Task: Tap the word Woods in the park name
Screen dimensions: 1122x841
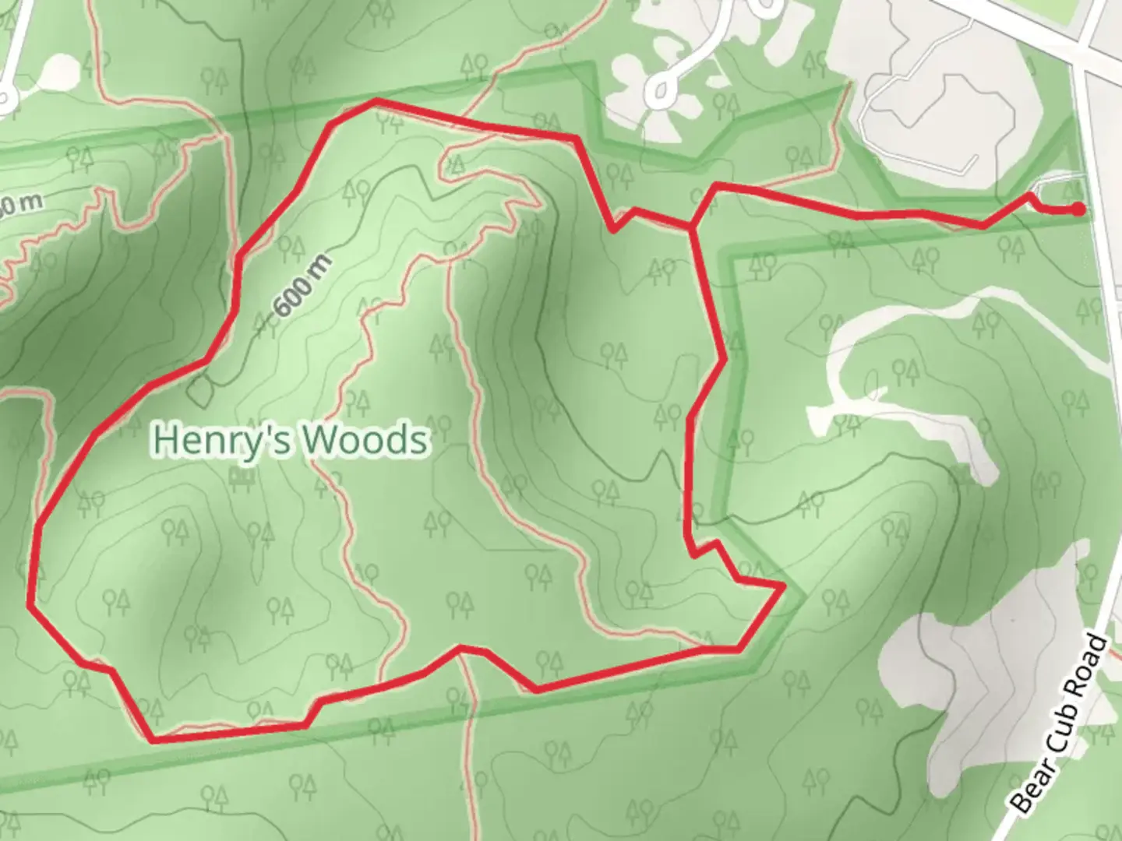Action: click(x=365, y=440)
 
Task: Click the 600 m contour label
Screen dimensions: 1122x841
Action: click(x=302, y=285)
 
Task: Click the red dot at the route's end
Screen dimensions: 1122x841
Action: click(x=1078, y=209)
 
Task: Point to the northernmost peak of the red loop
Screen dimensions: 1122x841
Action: click(x=376, y=100)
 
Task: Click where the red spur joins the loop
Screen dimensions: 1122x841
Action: click(x=691, y=227)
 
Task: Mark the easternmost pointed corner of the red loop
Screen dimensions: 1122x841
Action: click(x=782, y=585)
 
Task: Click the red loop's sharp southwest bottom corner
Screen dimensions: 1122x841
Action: click(x=153, y=739)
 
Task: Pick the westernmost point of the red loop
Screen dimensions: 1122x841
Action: click(x=30, y=602)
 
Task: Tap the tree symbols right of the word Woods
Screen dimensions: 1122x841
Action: click(x=439, y=425)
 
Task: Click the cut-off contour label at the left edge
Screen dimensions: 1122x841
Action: click(x=19, y=204)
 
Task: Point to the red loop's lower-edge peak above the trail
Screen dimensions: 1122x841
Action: click(x=462, y=647)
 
